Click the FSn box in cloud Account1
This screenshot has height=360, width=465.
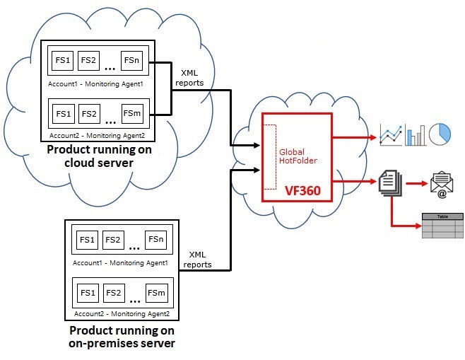(131, 62)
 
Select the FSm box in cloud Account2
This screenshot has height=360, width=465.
(131, 113)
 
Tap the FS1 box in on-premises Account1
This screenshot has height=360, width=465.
(88, 240)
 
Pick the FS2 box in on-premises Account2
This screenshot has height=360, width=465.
(113, 292)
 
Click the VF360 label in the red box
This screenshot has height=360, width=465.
(299, 190)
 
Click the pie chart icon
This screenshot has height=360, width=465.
(440, 134)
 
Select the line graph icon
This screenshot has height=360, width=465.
(391, 134)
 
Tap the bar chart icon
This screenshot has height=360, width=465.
(416, 134)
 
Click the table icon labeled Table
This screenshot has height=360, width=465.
(442, 226)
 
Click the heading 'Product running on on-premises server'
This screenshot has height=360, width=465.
(122, 337)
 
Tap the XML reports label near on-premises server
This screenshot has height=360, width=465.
(198, 260)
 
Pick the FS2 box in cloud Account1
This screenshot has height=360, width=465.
(88, 62)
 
